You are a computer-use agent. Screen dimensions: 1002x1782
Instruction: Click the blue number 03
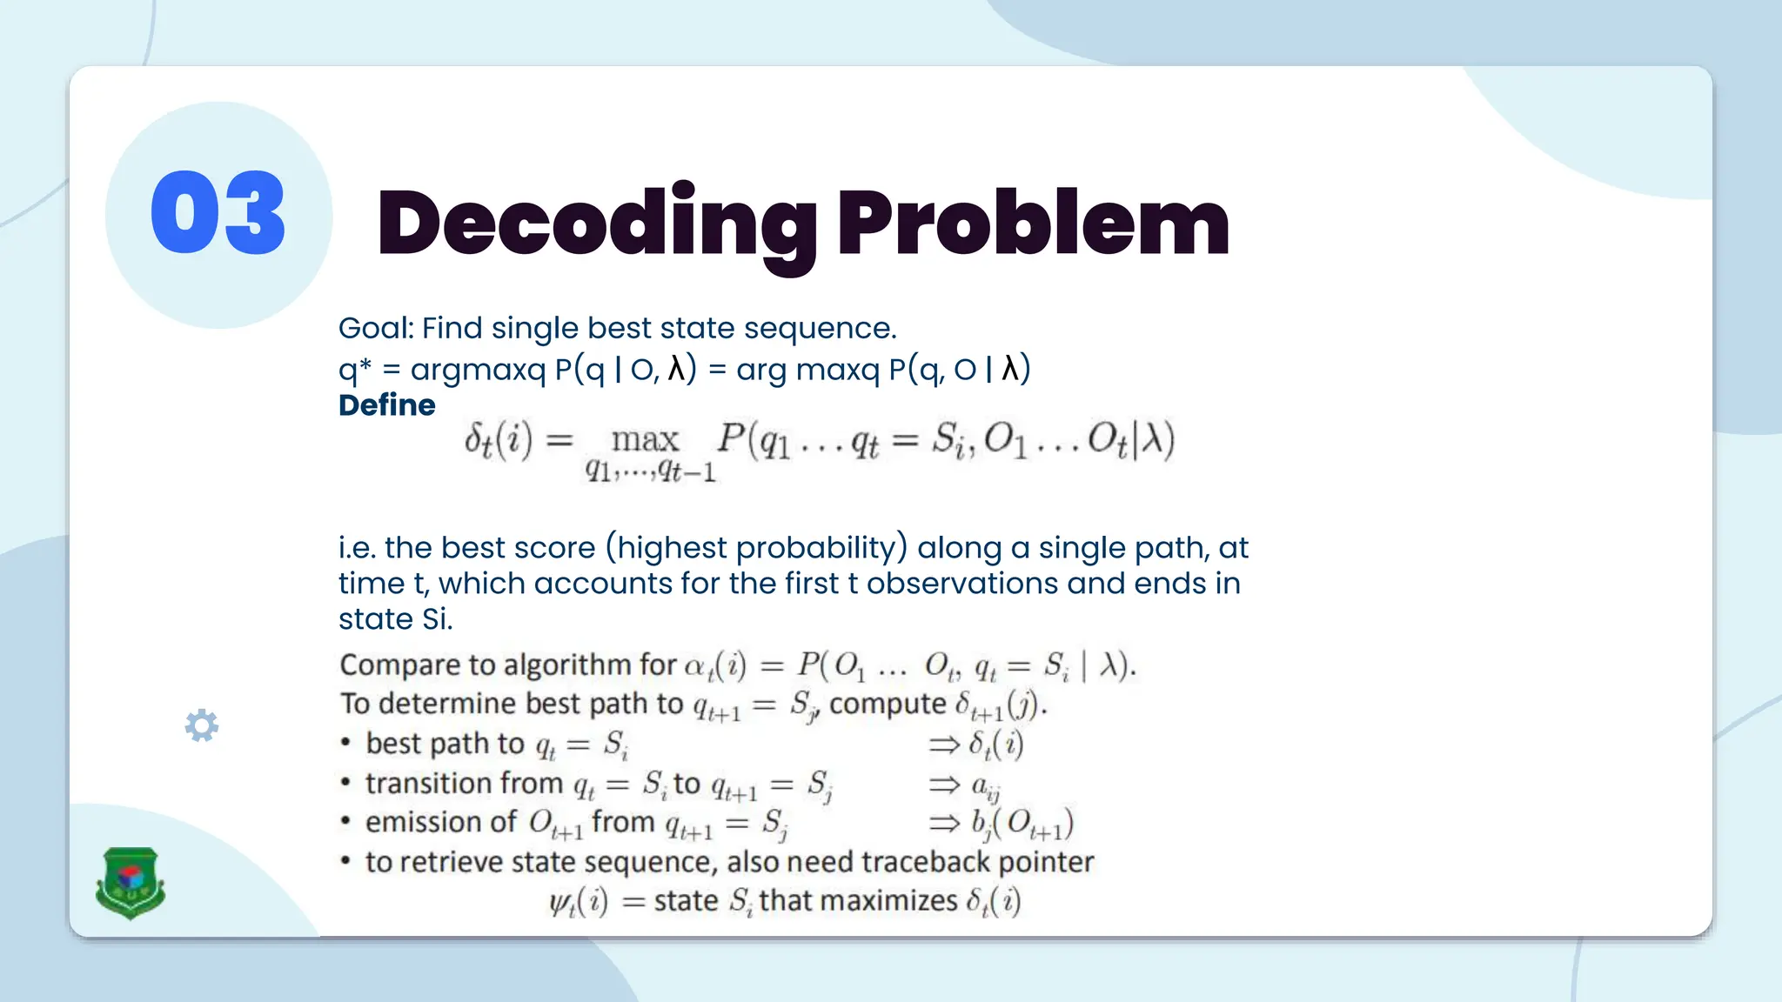(218, 213)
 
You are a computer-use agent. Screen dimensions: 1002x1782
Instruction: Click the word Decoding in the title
(595, 224)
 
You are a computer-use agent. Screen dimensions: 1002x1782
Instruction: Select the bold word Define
(386, 405)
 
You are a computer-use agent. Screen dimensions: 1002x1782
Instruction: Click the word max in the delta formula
(644, 440)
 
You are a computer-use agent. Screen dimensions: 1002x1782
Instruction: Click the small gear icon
(202, 725)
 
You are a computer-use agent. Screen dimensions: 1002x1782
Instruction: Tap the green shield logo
(130, 882)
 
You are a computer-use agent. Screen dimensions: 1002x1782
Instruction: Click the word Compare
(401, 665)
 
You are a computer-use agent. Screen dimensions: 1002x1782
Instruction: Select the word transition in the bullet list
(464, 784)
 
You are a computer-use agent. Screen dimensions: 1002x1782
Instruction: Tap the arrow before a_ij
(944, 785)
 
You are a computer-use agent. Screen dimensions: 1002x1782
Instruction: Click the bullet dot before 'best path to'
(345, 744)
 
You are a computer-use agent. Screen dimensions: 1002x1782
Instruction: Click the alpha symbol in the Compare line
(694, 666)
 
